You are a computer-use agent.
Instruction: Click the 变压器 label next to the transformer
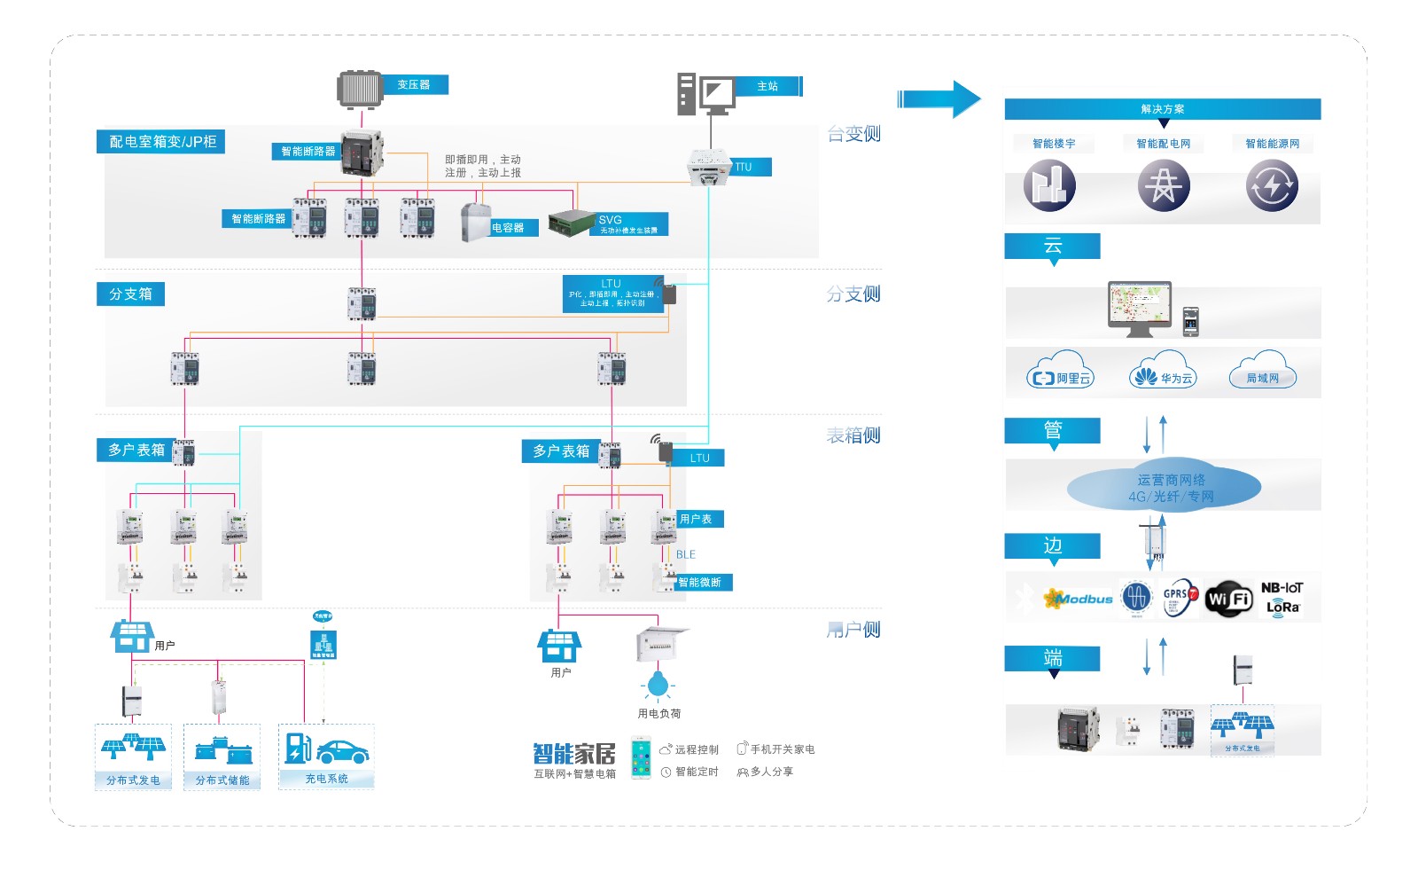coord(415,85)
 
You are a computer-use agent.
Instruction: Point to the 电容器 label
coord(508,228)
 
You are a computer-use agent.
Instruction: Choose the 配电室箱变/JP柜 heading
coord(161,142)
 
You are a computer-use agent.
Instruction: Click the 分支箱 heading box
coord(130,294)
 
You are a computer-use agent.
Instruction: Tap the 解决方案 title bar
coord(1162,109)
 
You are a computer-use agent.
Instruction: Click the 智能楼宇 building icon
coord(1049,186)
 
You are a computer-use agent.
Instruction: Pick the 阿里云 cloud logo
coord(1060,376)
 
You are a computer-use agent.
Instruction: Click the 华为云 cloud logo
coord(1163,376)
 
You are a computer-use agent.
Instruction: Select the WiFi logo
coord(1228,600)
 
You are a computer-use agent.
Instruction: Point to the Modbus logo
coord(1079,600)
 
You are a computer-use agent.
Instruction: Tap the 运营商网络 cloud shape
coord(1164,488)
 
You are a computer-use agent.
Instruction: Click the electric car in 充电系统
coord(342,752)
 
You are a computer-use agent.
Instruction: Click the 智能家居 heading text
coord(573,754)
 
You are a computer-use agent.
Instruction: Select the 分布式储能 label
coord(222,780)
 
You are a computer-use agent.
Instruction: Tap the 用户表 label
coord(697,520)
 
